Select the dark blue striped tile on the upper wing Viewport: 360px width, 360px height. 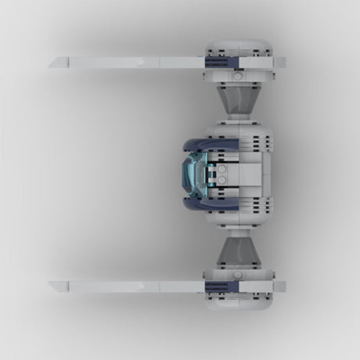pyautogui.click(x=218, y=61)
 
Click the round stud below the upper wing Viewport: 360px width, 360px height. pyautogui.click(x=237, y=77)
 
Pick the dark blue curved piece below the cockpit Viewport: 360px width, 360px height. pyautogui.click(x=200, y=205)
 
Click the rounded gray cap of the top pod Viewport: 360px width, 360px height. pyautogui.click(x=238, y=47)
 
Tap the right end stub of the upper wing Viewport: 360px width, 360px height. pyautogui.click(x=279, y=62)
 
